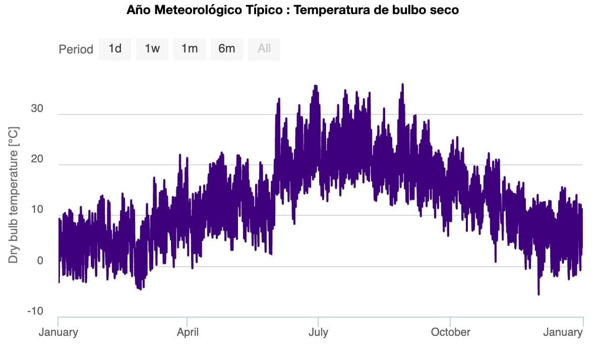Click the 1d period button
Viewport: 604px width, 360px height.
point(115,49)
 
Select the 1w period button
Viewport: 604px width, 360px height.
point(152,49)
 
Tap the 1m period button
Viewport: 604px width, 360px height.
point(190,49)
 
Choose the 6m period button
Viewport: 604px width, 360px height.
point(227,49)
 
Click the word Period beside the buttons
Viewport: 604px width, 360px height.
point(76,49)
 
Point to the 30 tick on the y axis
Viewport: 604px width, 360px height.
point(36,109)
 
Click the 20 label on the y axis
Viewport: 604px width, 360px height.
point(36,159)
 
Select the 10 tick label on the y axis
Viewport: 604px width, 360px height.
point(36,210)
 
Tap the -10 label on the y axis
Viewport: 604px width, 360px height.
point(35,311)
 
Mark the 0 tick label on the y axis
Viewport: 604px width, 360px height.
point(39,261)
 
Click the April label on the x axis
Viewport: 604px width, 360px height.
point(187,332)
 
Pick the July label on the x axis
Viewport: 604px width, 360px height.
point(318,332)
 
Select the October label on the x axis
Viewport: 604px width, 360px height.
point(450,332)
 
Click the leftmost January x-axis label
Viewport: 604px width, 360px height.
point(58,332)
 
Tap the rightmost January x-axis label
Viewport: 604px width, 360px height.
point(563,332)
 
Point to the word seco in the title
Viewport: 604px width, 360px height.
point(444,10)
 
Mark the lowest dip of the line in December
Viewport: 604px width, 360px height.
point(538,293)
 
